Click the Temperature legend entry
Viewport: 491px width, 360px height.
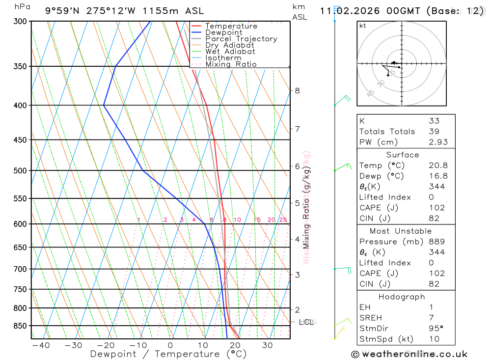tap(231, 26)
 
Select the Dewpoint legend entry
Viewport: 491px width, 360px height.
tap(223, 32)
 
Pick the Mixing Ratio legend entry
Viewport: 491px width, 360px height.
tap(231, 64)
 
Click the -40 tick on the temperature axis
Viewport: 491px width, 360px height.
tap(40, 345)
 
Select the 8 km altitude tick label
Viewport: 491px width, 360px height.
tap(297, 90)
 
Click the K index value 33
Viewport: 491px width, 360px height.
tap(434, 121)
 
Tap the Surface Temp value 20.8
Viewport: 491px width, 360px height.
tap(438, 166)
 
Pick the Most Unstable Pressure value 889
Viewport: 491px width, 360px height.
tap(436, 242)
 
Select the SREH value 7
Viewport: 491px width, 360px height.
tap(431, 318)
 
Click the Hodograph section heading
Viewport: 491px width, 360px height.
tap(402, 297)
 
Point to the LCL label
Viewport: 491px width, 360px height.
tap(306, 322)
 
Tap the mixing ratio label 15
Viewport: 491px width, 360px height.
tap(257, 220)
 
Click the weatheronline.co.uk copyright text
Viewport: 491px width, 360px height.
tap(409, 354)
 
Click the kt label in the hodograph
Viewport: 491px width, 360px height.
tap(363, 26)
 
